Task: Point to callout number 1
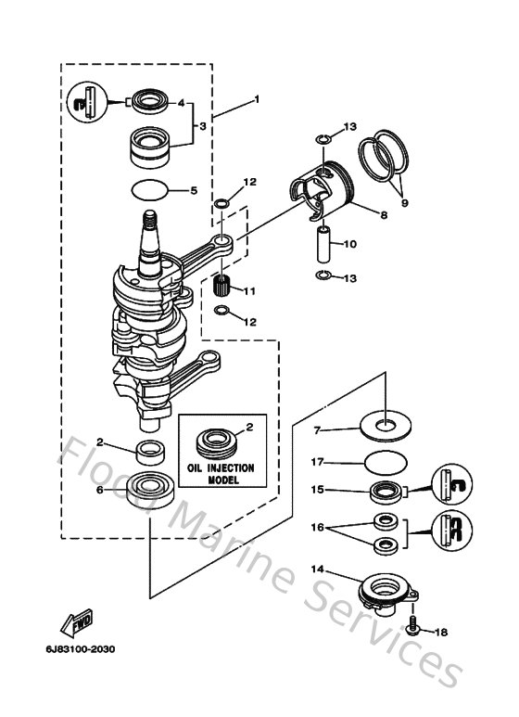pos(257,99)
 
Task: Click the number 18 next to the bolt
pos(441,632)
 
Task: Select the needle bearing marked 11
pos(222,281)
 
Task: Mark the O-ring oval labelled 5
pos(151,190)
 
